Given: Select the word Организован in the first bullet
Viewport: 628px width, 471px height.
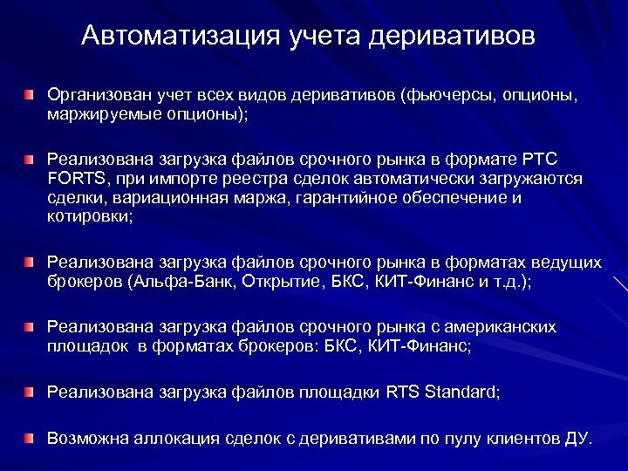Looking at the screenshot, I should (x=92, y=94).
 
